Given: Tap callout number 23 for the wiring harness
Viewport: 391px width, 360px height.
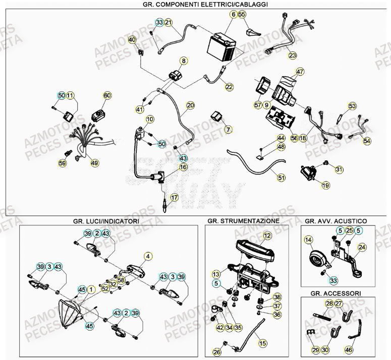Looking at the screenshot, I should (293, 56).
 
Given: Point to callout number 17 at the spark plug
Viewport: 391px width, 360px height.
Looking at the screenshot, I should (174, 197).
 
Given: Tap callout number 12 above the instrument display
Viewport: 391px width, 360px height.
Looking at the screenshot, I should (267, 235).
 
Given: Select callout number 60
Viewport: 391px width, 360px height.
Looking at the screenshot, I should (107, 95).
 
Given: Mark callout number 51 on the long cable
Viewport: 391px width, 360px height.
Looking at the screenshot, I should (281, 177).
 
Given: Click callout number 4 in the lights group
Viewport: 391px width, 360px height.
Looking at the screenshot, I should (148, 256).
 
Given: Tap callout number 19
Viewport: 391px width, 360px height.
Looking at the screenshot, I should (325, 186).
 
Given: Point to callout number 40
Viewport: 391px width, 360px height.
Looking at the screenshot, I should (132, 40).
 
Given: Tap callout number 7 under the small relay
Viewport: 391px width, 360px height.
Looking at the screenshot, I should (228, 130).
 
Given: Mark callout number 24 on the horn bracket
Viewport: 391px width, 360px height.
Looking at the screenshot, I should (362, 247).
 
